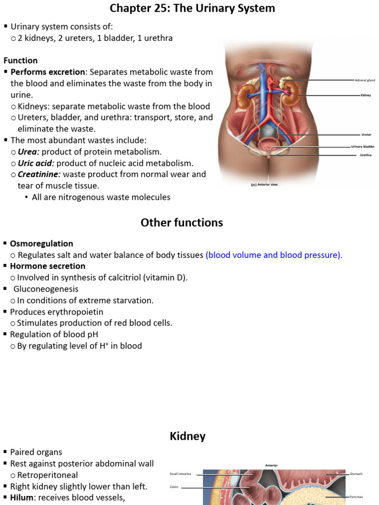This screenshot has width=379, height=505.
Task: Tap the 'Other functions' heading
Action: (182, 223)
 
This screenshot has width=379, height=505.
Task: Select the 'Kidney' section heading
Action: (188, 436)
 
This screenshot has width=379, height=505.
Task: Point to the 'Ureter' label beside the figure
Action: (366, 134)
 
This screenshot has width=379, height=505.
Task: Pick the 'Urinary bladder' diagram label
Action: (363, 146)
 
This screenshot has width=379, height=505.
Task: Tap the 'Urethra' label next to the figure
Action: (366, 155)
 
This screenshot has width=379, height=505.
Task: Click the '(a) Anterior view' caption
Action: (265, 185)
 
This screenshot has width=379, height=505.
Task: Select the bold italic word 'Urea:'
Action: (29, 152)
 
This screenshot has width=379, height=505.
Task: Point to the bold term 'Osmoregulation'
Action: (41, 244)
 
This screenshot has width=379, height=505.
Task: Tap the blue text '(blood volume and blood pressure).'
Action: (274, 255)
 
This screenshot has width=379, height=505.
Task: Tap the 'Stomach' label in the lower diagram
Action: (356, 474)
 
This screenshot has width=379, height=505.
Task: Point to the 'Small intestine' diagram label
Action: (181, 474)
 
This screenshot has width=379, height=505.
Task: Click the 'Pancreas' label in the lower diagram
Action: (356, 497)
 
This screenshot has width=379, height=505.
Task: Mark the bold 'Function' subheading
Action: (21, 61)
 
